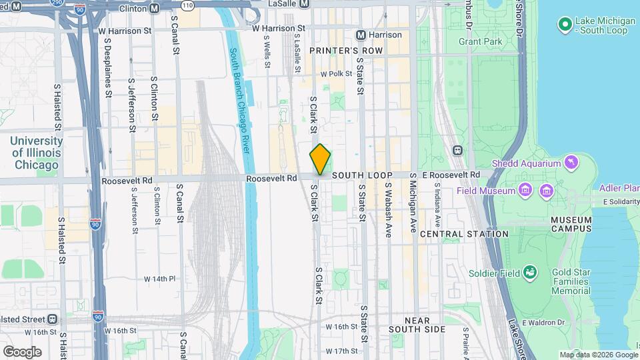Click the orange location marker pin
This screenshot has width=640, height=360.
pyautogui.click(x=321, y=159)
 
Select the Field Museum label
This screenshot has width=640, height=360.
pyautogui.click(x=486, y=191)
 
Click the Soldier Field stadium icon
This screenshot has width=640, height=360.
pyautogui.click(x=530, y=272)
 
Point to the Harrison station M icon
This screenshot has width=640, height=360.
pyautogui.click(x=361, y=35)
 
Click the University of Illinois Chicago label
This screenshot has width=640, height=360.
pyautogui.click(x=37, y=153)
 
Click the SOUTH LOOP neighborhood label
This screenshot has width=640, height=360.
pyautogui.click(x=362, y=175)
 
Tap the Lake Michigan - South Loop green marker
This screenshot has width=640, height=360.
pyautogui.click(x=565, y=25)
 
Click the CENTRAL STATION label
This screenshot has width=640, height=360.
pyautogui.click(x=464, y=234)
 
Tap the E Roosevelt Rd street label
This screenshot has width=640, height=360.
pyautogui.click(x=455, y=175)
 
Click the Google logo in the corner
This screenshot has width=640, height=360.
pyautogui.click(x=22, y=351)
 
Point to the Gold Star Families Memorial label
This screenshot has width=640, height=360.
pyautogui.click(x=571, y=281)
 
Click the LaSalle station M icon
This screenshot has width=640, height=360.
pyautogui.click(x=304, y=4)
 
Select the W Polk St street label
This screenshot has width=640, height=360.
pyautogui.click(x=335, y=75)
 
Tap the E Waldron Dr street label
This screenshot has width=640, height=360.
pyautogui.click(x=543, y=323)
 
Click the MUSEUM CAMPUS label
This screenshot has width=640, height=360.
pyautogui.click(x=571, y=224)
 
